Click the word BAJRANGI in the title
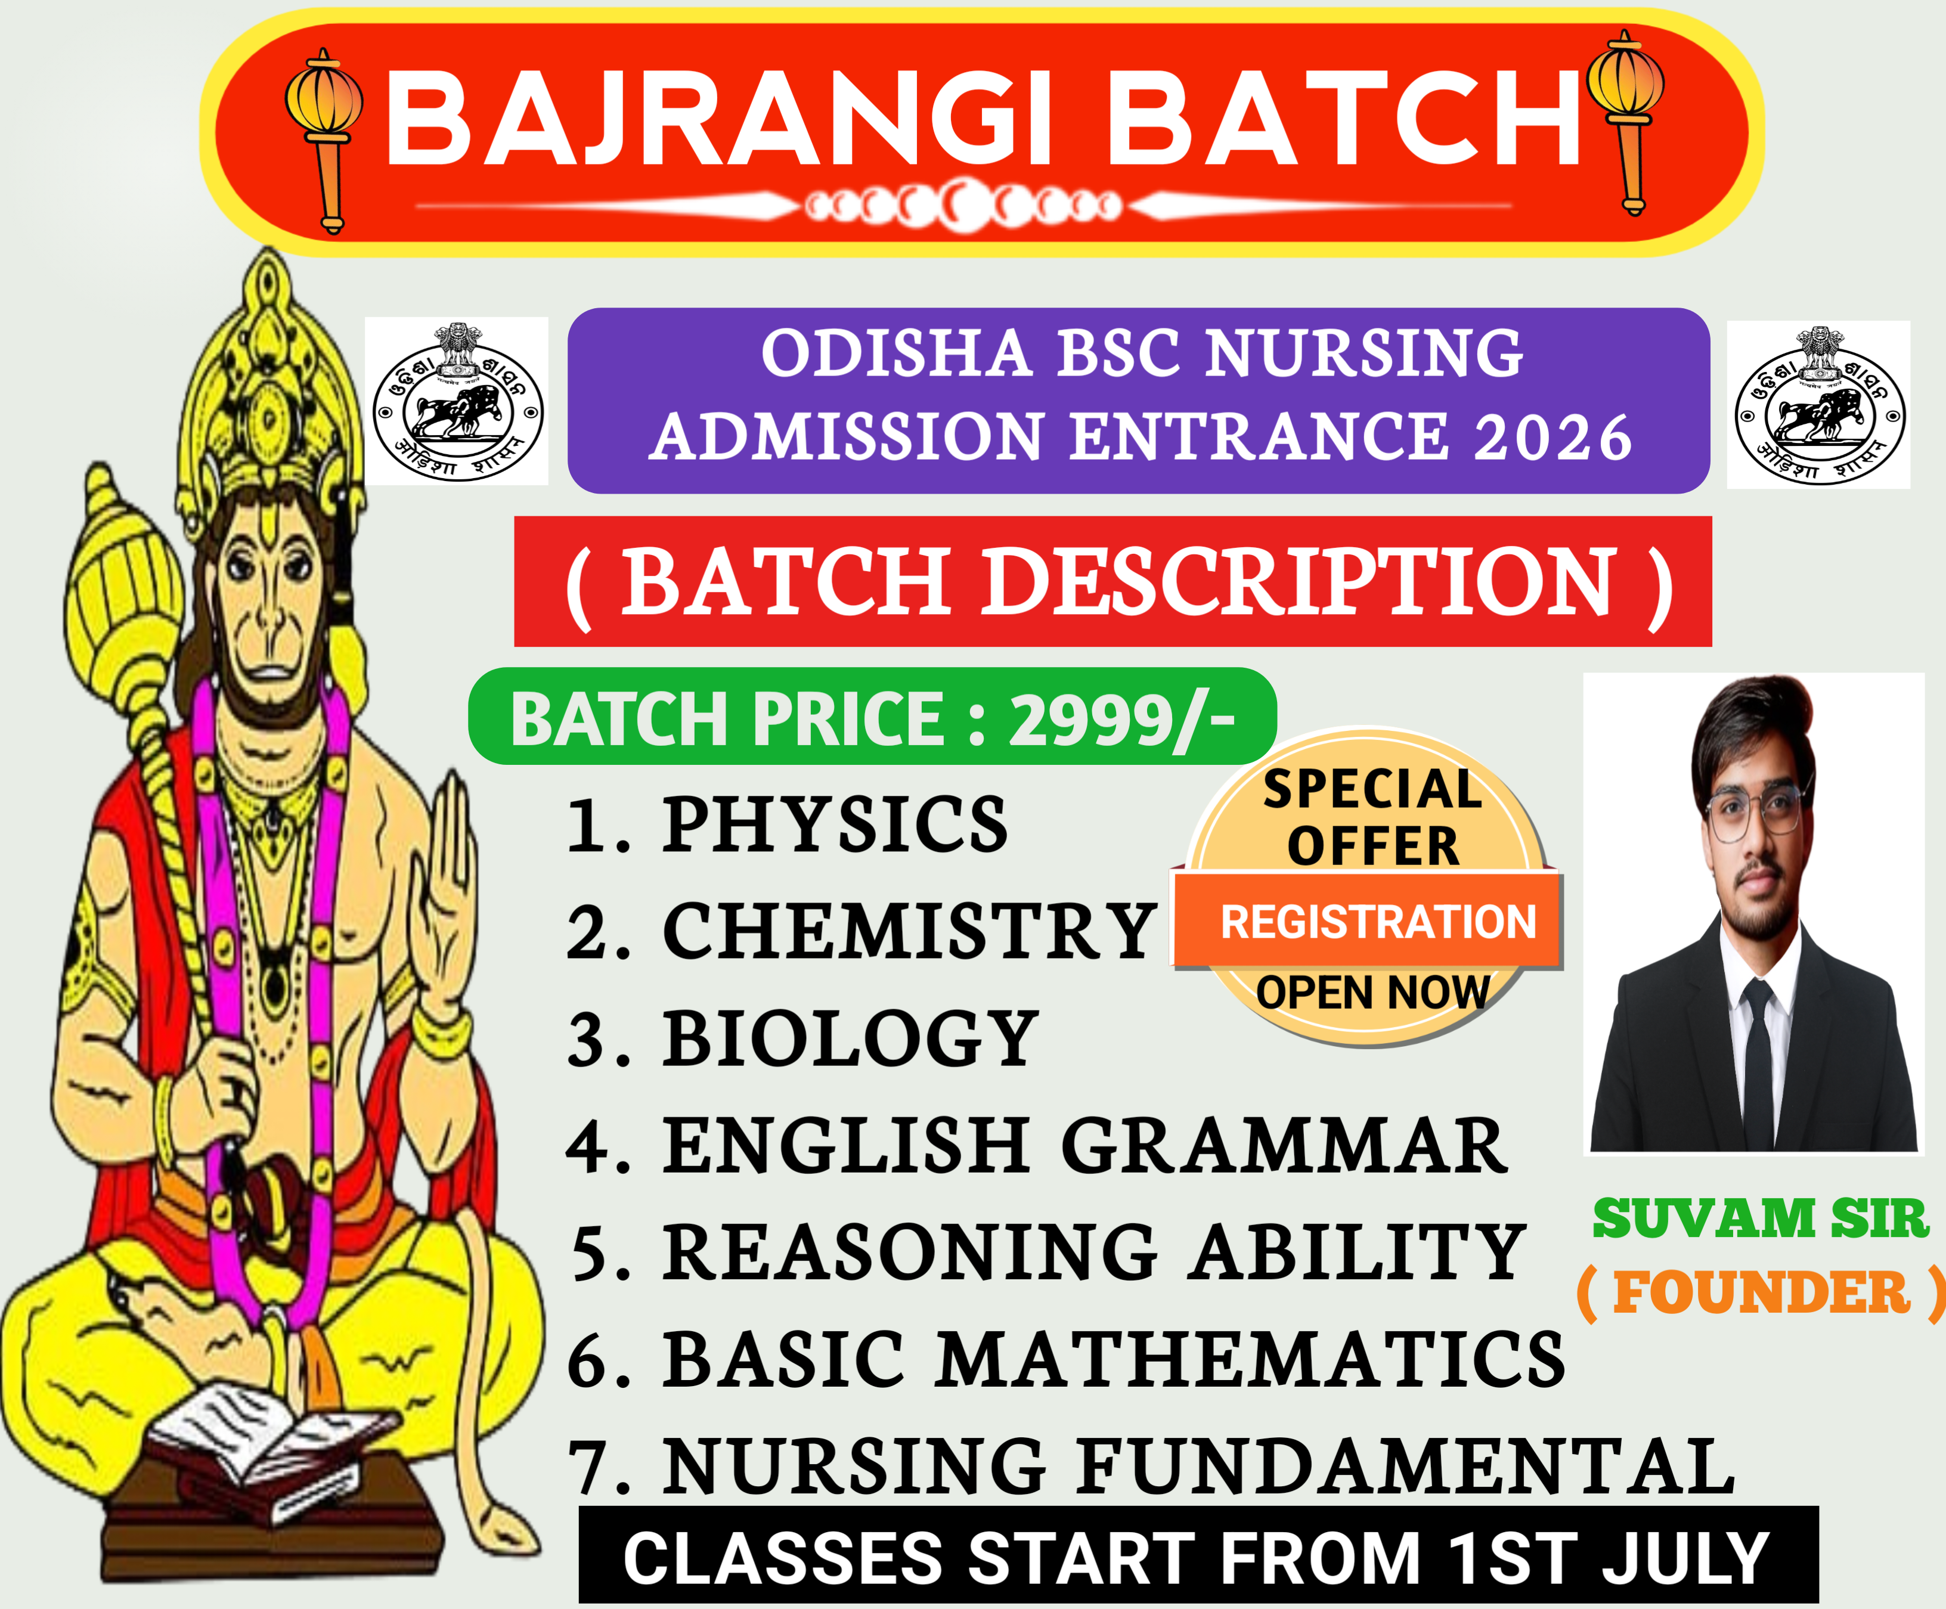[719, 119]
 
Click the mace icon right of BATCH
[1626, 122]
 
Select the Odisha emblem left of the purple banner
[457, 401]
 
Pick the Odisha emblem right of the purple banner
[1819, 404]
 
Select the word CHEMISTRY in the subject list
[908, 931]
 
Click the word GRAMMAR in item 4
[1284, 1146]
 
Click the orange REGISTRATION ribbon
[1368, 921]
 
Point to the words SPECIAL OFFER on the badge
[1373, 817]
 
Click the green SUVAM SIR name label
[1760, 1218]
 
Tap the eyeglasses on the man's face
[1753, 813]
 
